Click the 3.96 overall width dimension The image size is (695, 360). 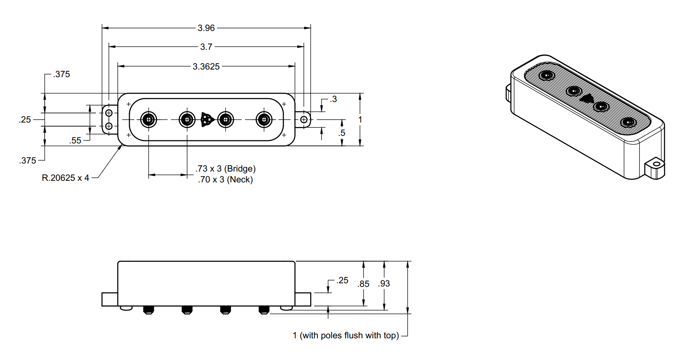[x=206, y=28]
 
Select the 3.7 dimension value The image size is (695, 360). [x=206, y=47]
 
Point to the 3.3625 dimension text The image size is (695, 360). [x=206, y=67]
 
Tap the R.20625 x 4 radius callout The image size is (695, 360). [x=65, y=178]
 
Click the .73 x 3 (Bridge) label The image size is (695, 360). [x=225, y=169]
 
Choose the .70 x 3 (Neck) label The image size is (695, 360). [x=225, y=180]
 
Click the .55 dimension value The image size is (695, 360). [x=75, y=141]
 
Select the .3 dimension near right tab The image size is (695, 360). [x=333, y=99]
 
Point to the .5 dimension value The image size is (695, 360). [x=341, y=133]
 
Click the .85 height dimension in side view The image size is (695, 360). [x=364, y=284]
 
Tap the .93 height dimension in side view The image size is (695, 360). [x=384, y=284]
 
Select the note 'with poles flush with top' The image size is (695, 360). [x=349, y=335]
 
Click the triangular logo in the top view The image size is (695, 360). [x=206, y=120]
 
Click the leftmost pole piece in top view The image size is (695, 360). [x=149, y=120]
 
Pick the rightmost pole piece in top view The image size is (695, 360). [x=264, y=120]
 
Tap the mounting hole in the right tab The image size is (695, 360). [x=304, y=120]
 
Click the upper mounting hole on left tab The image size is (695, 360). [x=108, y=113]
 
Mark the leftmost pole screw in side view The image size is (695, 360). [x=148, y=310]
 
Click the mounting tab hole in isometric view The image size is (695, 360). [x=656, y=164]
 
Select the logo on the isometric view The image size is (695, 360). [x=587, y=98]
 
